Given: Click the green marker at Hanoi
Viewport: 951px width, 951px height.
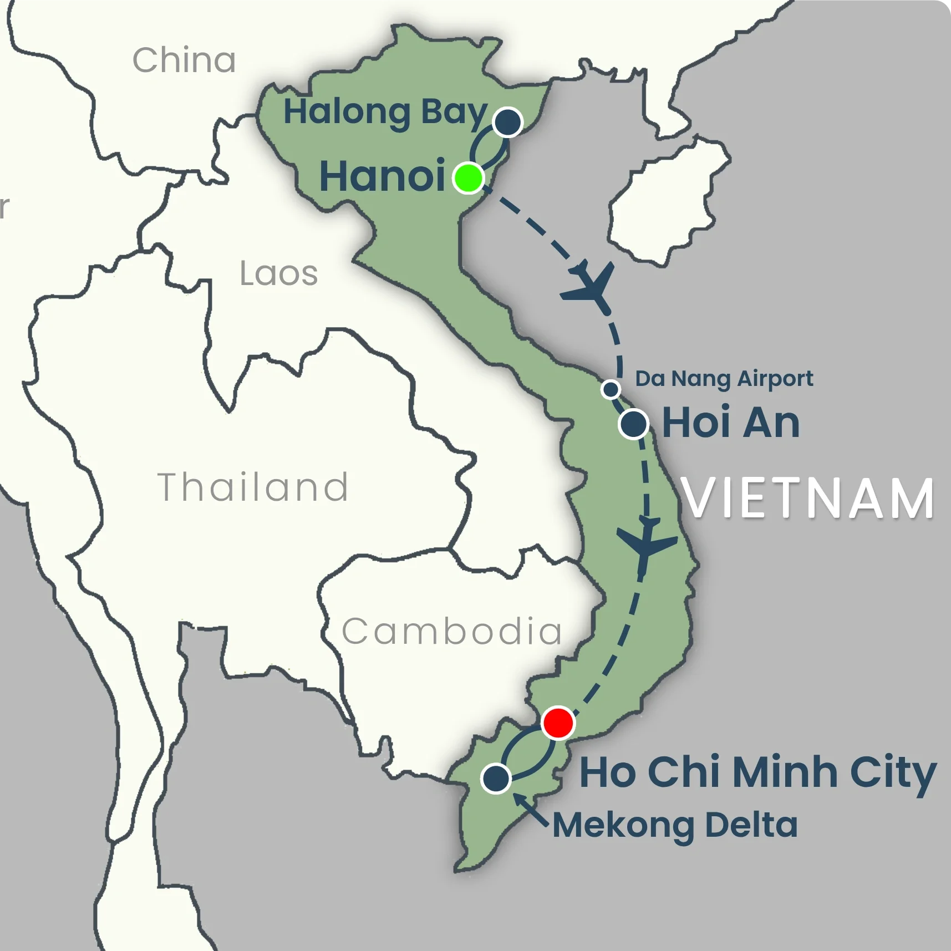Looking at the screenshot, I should click(469, 178).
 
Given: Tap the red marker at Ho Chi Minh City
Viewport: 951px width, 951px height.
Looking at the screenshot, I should click(558, 723).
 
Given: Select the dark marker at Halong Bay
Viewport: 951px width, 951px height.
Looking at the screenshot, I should click(507, 122).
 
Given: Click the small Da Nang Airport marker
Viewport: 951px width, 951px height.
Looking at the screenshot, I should click(611, 389).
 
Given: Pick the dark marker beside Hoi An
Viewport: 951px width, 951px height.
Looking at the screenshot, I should click(634, 424).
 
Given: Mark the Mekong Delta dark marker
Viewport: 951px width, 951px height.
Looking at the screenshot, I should click(496, 778).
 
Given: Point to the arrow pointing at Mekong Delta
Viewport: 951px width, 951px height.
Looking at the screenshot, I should click(530, 810).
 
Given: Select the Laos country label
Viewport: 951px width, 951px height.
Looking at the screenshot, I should click(278, 273).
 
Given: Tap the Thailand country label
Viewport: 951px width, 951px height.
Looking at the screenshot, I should click(253, 487).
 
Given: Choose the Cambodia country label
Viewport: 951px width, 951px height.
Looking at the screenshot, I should click(452, 632).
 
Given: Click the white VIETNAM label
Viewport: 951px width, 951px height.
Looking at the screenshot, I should click(808, 499).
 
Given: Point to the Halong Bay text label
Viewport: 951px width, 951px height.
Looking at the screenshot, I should click(385, 113).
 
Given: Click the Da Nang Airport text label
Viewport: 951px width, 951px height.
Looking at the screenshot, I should click(724, 379).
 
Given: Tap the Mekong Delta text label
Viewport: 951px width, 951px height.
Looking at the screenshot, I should click(675, 825).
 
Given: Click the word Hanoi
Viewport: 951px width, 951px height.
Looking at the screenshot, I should click(383, 176).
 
